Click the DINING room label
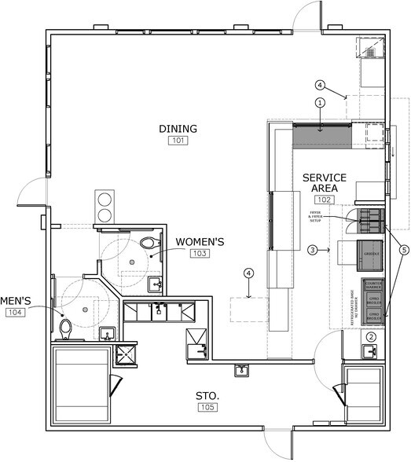[178, 129]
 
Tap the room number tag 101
[178, 141]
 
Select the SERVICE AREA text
[320, 183]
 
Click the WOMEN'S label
[200, 241]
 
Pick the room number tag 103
[200, 253]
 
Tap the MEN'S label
[15, 300]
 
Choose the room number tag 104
[15, 312]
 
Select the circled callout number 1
[320, 102]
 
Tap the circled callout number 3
[312, 250]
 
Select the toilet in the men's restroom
[67, 328]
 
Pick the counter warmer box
[372, 286]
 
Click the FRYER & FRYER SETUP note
[317, 217]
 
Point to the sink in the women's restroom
[156, 284]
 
